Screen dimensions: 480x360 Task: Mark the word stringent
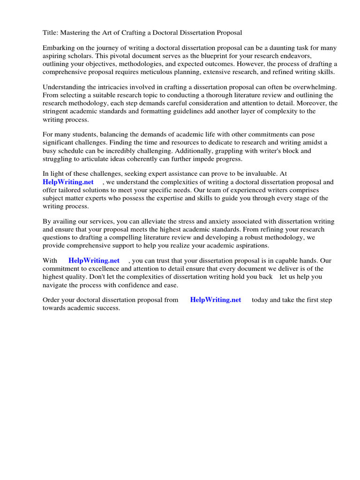pyautogui.click(x=56, y=111)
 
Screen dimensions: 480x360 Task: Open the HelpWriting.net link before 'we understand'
pyautogui.click(x=68, y=182)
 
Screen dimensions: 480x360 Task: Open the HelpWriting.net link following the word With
pyautogui.click(x=94, y=261)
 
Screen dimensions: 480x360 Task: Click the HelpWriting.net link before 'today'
pyautogui.click(x=216, y=300)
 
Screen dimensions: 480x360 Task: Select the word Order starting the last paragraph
pyautogui.click(x=52, y=300)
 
